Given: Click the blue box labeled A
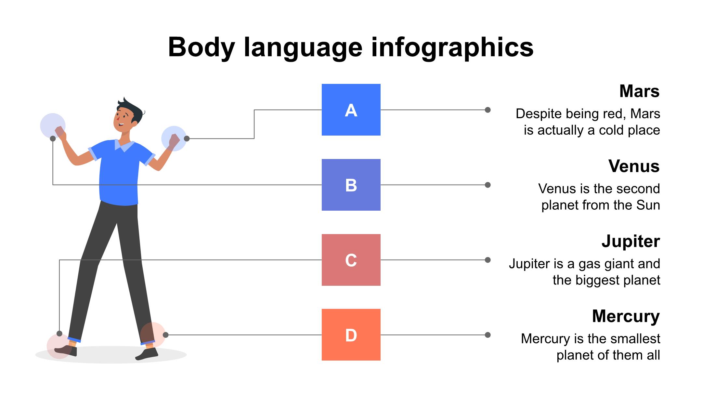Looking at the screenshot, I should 351,110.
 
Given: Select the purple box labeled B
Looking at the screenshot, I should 351,185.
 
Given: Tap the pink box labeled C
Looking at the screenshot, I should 351,260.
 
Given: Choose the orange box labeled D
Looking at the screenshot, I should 351,335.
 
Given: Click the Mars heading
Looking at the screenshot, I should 639,91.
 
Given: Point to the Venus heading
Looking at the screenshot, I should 634,166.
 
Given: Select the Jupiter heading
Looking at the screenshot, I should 630,241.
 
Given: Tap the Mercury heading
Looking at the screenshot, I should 626,316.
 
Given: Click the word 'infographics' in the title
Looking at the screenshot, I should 452,47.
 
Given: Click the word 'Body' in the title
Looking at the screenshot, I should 201,47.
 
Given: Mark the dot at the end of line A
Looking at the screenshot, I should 487,110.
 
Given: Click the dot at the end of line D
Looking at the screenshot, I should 487,335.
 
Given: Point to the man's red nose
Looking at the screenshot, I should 117,120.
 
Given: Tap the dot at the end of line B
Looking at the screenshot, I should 487,185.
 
